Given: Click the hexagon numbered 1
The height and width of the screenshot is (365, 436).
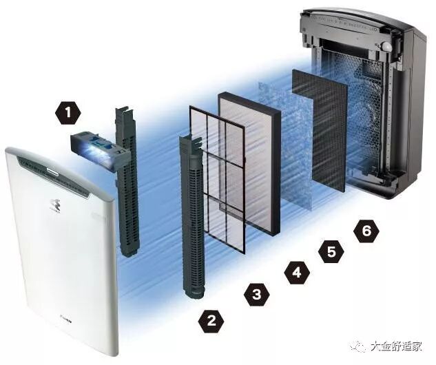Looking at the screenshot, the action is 68,110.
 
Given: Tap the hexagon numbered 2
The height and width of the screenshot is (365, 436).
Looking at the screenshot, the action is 211,320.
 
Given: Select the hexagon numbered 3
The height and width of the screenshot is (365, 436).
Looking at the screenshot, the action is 256,295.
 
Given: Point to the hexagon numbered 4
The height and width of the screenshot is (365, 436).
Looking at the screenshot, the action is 295,272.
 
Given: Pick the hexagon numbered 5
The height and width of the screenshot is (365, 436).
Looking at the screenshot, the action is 331,251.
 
